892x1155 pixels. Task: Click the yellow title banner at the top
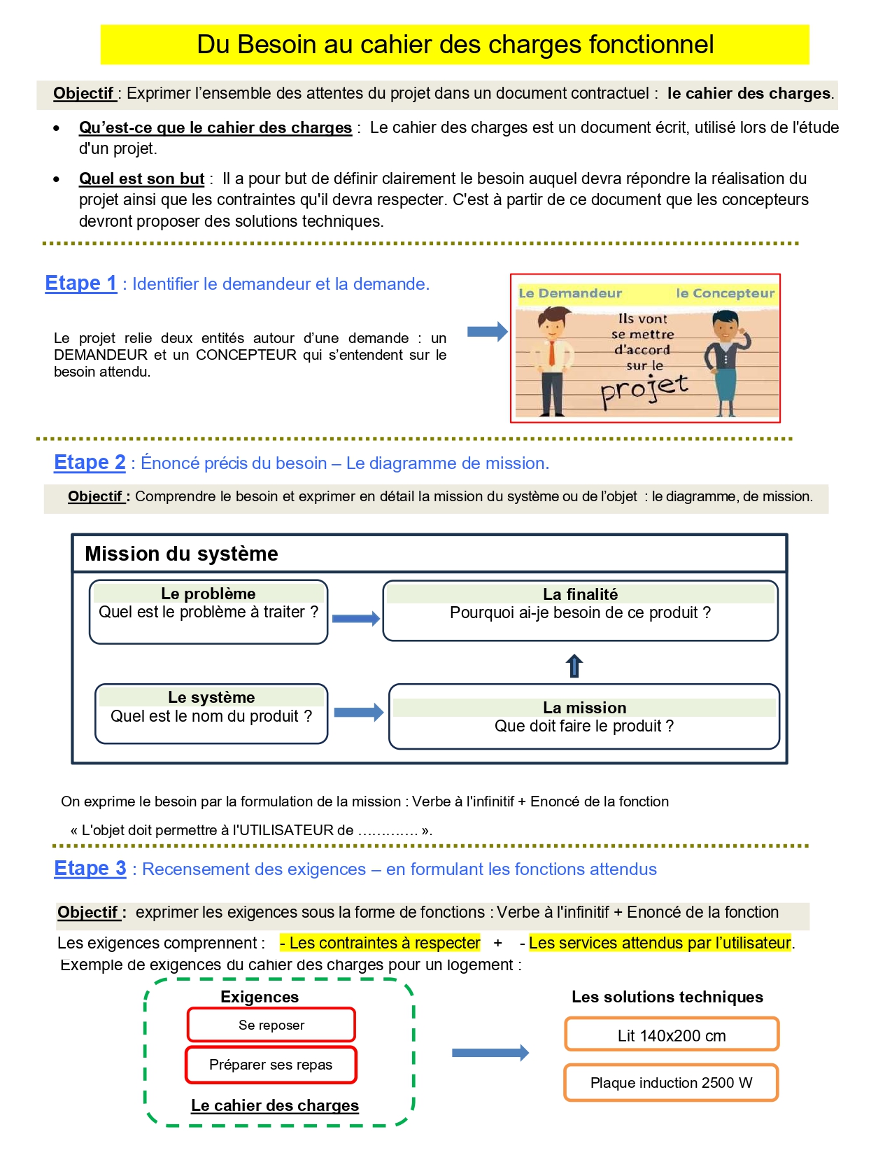pos(455,45)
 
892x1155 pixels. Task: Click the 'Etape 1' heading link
pos(80,283)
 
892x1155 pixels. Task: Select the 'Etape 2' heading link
pos(90,463)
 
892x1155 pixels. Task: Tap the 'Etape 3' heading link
pos(90,869)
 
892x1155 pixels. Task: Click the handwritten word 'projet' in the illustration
pos(644,388)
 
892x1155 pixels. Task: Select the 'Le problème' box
pos(208,611)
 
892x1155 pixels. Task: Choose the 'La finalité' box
pos(580,610)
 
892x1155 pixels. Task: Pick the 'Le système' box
pos(211,713)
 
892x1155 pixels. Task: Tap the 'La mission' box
pos(584,716)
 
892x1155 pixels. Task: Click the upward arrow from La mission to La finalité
pos(574,666)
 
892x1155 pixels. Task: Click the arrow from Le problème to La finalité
pos(355,618)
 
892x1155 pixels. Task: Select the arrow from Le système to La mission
pos(358,713)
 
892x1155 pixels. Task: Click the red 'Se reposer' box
pos(271,1025)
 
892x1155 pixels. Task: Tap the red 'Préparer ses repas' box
pos(271,1065)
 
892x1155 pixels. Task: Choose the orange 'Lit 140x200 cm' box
pos(672,1035)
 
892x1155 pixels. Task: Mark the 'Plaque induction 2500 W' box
pos(671,1082)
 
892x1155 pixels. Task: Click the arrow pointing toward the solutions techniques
pos(490,1052)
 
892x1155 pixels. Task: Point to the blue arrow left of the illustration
pos(487,331)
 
